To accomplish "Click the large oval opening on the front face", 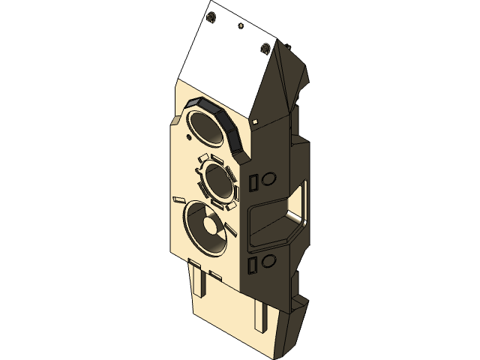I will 204,125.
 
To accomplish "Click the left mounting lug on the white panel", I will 211,16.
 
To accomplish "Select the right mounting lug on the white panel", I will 265,49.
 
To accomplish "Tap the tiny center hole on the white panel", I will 240,26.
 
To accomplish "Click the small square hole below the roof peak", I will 255,119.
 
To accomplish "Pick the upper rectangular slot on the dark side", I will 253,181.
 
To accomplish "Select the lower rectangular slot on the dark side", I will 253,263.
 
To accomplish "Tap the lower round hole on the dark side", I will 268,259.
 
